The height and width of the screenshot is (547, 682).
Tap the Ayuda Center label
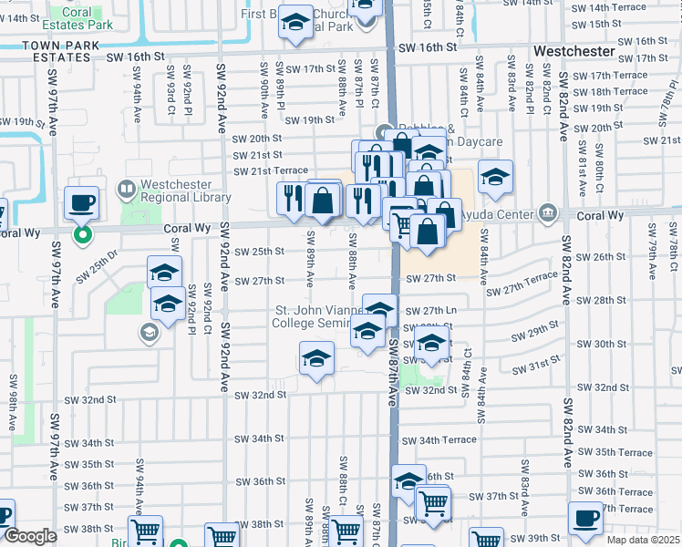(501, 215)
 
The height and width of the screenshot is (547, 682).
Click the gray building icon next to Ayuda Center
(548, 215)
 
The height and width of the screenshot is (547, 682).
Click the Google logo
(30, 536)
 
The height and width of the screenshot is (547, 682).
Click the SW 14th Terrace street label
(607, 7)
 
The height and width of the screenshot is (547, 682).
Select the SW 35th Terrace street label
(623, 452)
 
